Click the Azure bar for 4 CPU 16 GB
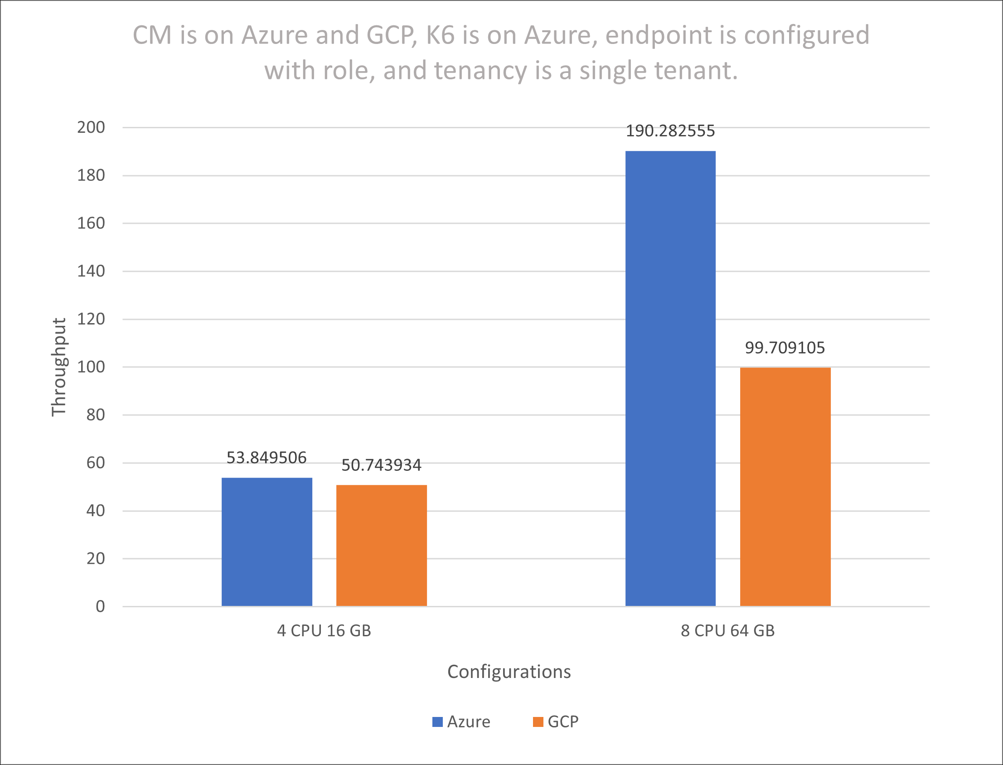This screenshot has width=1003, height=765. point(267,542)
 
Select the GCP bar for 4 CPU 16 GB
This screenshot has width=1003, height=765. point(382,546)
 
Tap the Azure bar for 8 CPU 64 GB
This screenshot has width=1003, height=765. point(670,378)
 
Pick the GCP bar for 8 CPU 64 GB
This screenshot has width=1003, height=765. point(785,487)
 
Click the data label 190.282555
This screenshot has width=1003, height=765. point(670,131)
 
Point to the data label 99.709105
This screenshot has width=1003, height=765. point(785,348)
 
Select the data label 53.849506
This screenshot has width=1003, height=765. point(267,458)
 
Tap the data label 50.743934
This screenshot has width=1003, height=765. point(382,465)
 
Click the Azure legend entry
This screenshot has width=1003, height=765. point(461,722)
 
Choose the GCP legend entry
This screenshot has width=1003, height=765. point(556,722)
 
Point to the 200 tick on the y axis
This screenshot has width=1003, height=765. point(91,127)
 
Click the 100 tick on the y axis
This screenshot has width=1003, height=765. point(91,367)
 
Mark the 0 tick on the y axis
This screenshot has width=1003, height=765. point(100,606)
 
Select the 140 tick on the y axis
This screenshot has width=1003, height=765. point(91,271)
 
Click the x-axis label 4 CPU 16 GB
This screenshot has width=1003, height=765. point(324,631)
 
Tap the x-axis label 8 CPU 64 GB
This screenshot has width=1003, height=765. point(727,631)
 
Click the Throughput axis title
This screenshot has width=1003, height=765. point(59,367)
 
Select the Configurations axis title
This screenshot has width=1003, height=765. point(509,672)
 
